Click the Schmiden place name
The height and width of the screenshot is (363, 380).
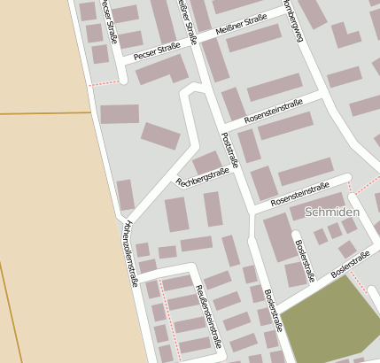coord(332,212)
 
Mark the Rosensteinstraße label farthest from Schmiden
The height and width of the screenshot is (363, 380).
coord(273,110)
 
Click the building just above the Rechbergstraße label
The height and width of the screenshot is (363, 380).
coord(206,161)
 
